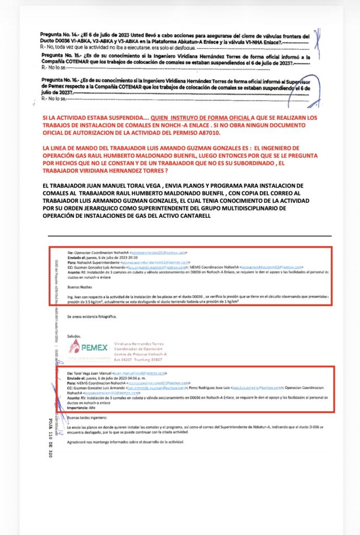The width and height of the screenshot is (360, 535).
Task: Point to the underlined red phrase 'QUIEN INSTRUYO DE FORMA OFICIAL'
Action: coord(200,118)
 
